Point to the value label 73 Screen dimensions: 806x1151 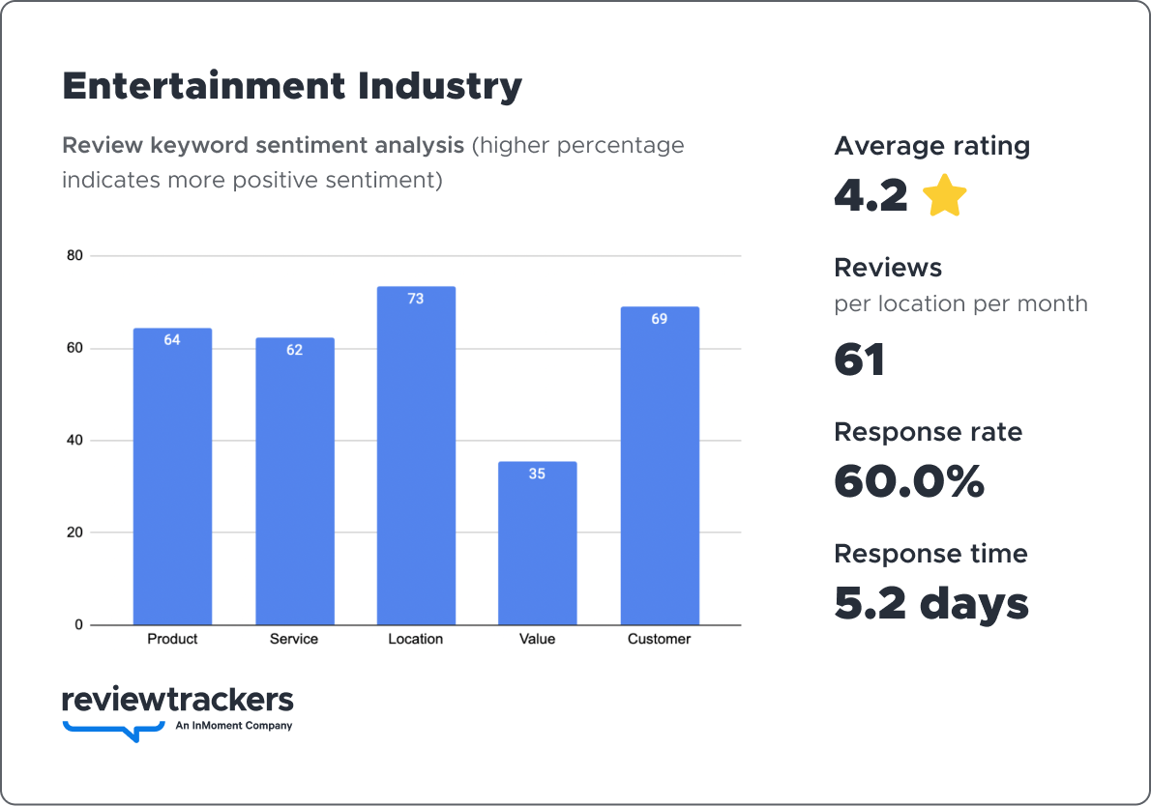pyautogui.click(x=416, y=299)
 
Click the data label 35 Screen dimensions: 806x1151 pyautogui.click(x=537, y=474)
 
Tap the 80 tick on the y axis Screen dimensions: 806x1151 pyautogui.click(x=74, y=256)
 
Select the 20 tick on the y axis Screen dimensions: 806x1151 pyautogui.click(x=74, y=533)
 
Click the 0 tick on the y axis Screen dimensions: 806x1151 pyautogui.click(x=78, y=625)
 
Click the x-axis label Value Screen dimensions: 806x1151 pyautogui.click(x=537, y=639)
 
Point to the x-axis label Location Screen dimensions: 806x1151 pyautogui.click(x=416, y=639)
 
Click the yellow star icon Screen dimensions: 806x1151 pyautogui.click(x=944, y=196)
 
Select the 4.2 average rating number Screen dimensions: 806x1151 pyautogui.click(x=871, y=196)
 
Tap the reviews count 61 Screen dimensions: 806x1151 pyautogui.click(x=859, y=360)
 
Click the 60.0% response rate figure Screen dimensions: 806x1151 pyautogui.click(x=908, y=482)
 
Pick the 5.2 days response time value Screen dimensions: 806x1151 pyautogui.click(x=930, y=604)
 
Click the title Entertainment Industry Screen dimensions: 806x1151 pyautogui.click(x=291, y=86)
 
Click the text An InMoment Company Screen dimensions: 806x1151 pyautogui.click(x=233, y=726)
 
